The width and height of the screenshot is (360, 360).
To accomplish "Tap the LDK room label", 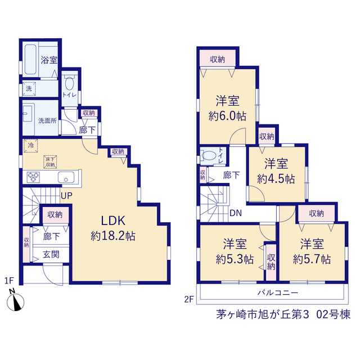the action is click(x=113, y=220).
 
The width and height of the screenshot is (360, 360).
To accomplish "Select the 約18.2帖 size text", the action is click(x=113, y=236).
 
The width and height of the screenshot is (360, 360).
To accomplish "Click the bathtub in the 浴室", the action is click(x=31, y=59).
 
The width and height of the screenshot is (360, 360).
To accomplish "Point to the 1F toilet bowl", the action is click(x=69, y=83).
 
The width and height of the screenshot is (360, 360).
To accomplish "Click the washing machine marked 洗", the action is click(x=29, y=88).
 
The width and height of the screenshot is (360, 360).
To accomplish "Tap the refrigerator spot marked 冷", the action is click(x=31, y=146).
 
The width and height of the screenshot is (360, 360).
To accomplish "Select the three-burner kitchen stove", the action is click(x=33, y=177).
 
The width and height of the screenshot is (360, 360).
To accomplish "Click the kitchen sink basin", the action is click(x=66, y=177).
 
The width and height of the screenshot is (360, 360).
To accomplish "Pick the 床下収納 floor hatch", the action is click(x=50, y=162).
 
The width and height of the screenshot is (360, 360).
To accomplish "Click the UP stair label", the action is click(x=66, y=196).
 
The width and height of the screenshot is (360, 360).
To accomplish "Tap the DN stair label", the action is click(x=236, y=213).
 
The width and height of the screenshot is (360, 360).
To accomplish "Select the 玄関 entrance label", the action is click(x=51, y=254).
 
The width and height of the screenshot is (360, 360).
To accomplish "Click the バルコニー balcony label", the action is click(x=278, y=292).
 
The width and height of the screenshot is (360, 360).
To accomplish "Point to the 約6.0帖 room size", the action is click(x=227, y=116).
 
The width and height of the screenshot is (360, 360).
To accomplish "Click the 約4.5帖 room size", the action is click(x=276, y=179).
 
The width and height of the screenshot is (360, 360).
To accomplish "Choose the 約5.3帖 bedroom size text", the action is click(x=235, y=259).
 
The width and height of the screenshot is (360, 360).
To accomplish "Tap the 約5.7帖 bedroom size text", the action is click(x=312, y=259).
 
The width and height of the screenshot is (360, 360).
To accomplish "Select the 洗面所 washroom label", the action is click(x=47, y=120).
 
